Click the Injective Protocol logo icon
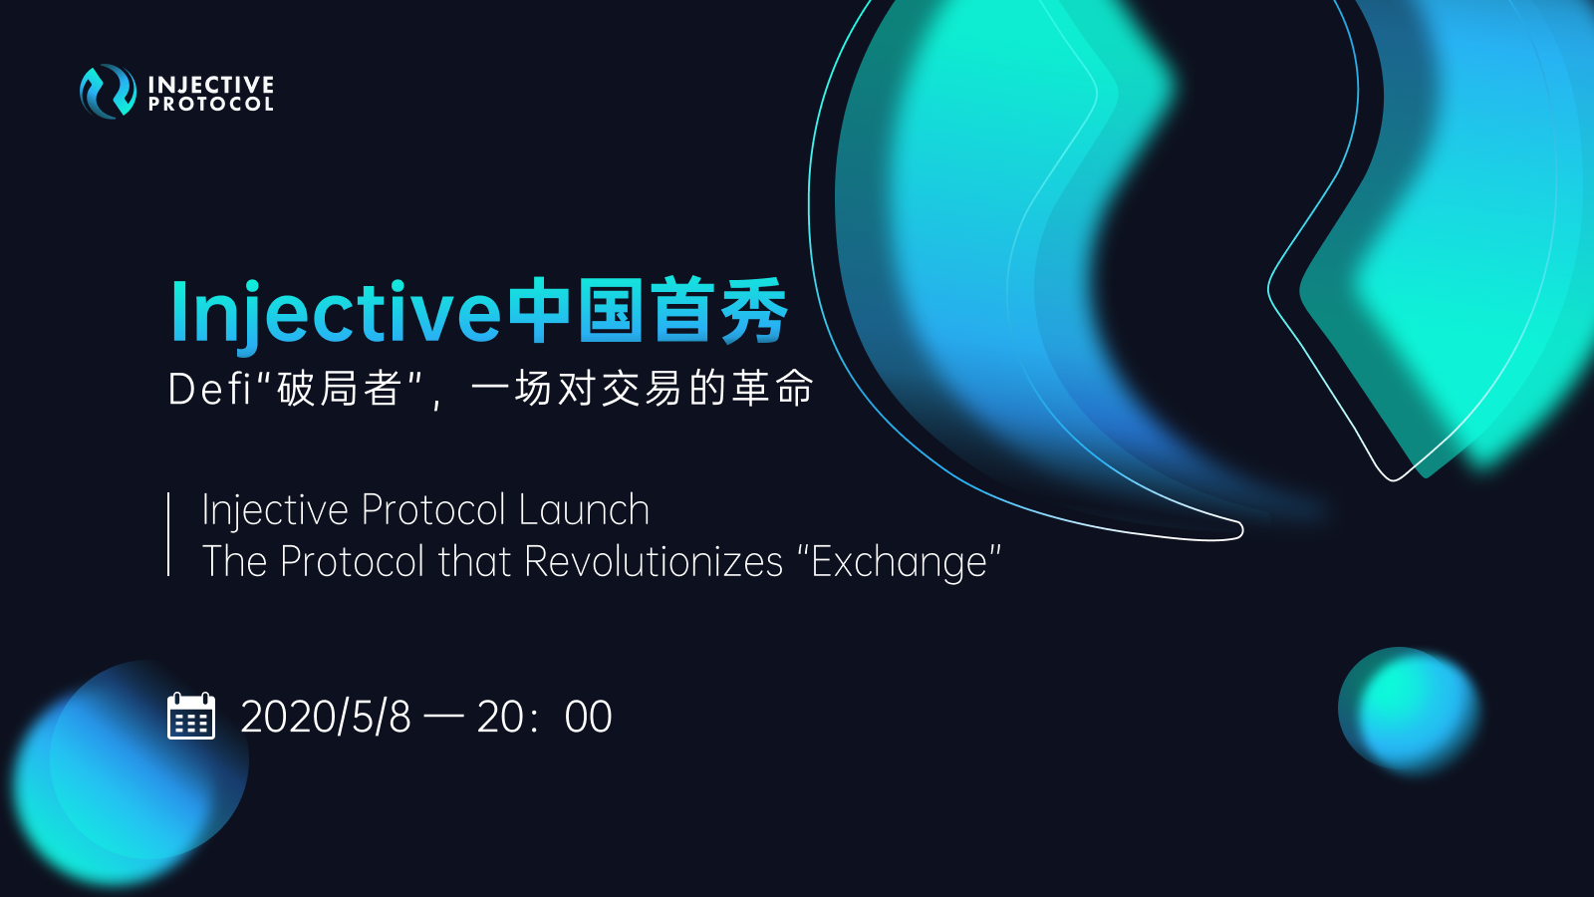[x=108, y=91]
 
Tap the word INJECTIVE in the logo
[x=210, y=85]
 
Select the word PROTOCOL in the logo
[x=210, y=105]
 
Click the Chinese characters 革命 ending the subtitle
[x=773, y=389]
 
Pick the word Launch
[x=584, y=509]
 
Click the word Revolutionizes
[x=654, y=561]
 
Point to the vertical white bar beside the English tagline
[x=168, y=534]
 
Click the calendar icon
[x=191, y=716]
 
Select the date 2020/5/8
[x=326, y=717]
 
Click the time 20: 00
[x=544, y=717]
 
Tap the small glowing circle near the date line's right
[x=1409, y=709]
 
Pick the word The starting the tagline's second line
[x=234, y=561]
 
